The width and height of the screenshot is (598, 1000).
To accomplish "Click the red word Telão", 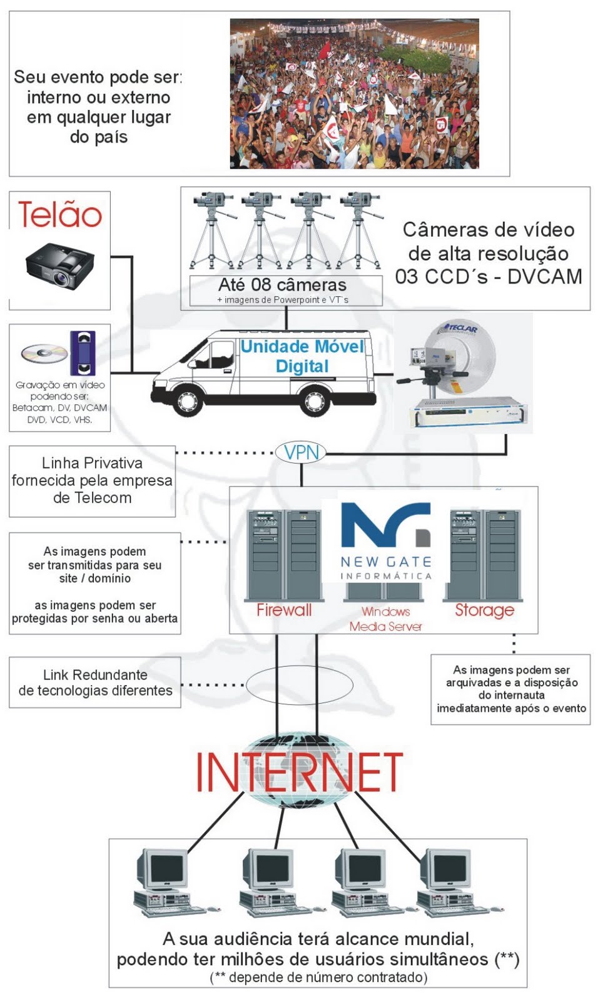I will pos(60,214).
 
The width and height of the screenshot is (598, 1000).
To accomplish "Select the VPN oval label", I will pos(302,452).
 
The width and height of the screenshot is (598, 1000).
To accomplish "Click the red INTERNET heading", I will pos(300,772).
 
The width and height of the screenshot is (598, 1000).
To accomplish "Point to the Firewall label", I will pos(284,610).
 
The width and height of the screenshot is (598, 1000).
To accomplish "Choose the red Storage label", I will pos(484,610).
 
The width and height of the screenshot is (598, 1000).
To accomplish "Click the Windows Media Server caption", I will pos(385,619).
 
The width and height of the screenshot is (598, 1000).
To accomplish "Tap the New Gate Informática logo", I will pos(386,541).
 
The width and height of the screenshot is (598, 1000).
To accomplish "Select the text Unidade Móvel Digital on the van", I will pos(302,356).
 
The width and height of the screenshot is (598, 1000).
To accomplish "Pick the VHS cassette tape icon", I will pos(83,353).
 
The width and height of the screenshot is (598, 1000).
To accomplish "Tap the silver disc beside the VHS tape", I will pos(44,353).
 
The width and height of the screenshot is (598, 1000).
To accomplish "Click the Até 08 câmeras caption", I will pos(282,285).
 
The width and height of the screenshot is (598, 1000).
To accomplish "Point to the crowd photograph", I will pos(354,94).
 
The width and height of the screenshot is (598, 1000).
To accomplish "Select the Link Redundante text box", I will pos(95,682).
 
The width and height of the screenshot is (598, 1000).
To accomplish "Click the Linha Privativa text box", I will pos(92,481).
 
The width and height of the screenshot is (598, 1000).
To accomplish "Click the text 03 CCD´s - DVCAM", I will pos(489,276).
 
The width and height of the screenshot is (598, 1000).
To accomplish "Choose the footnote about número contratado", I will pos(318,977).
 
